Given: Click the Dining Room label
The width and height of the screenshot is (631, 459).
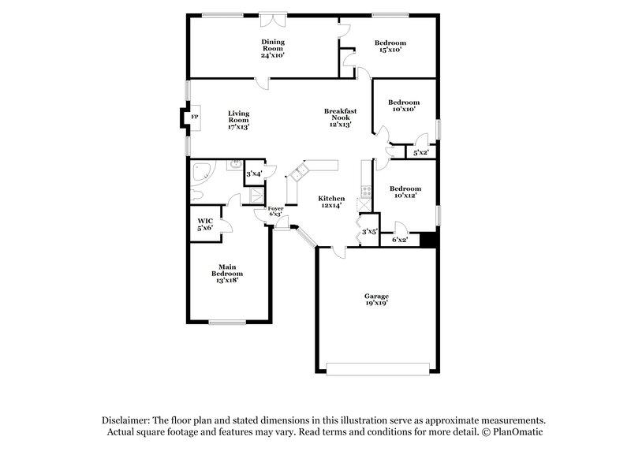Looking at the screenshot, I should (273, 48).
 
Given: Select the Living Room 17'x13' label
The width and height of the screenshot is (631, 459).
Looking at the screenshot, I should (239, 119).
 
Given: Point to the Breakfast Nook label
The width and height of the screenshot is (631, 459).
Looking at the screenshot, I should (341, 118).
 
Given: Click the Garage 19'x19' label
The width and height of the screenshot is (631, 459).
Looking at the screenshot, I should (376, 300).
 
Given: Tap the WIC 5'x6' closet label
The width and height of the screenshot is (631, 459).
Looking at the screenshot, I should (205, 224).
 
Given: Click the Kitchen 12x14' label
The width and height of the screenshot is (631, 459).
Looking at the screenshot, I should (331, 201).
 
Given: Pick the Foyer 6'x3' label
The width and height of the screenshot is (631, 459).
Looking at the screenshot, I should (276, 211).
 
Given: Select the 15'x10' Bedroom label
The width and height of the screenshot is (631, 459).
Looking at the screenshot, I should (390, 46).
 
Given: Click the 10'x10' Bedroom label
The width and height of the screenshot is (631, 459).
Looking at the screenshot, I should (403, 106).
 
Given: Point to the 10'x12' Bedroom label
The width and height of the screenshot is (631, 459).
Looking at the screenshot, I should (405, 192).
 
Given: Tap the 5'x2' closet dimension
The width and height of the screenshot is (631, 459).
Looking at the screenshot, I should (420, 152).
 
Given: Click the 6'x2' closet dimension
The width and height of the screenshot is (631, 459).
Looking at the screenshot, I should (400, 240).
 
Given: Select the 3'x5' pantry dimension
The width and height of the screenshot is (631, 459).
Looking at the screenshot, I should (369, 232).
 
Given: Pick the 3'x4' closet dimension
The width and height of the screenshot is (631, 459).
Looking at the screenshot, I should (254, 174).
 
